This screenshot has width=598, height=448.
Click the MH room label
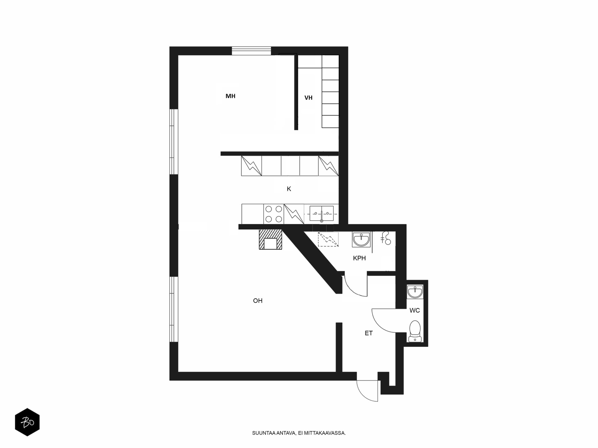pyautogui.click(x=230, y=96)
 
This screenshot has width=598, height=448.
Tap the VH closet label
pyautogui.click(x=308, y=98)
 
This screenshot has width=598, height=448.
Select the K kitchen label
pyautogui.click(x=289, y=189)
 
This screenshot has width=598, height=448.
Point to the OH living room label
pyautogui.click(x=258, y=301)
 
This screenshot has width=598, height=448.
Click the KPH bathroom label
pyautogui.click(x=359, y=258)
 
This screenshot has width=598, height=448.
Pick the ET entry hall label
pyautogui.click(x=369, y=333)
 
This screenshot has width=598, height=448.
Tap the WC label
pyautogui.click(x=414, y=310)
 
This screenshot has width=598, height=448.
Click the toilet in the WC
pyautogui.click(x=415, y=331)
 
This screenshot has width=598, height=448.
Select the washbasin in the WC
pyautogui.click(x=415, y=292)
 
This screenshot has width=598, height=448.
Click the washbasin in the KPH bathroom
pyautogui.click(x=361, y=239)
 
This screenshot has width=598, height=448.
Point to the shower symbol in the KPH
pyautogui.click(x=386, y=238)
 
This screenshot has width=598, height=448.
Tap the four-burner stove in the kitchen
pyautogui.click(x=274, y=214)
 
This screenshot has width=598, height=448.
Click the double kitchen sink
pyautogui.click(x=321, y=214)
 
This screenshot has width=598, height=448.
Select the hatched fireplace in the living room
pyautogui.click(x=270, y=239)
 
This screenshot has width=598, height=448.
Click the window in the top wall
pyautogui.click(x=252, y=51)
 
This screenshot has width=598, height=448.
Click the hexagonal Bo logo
pyautogui.click(x=27, y=422)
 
